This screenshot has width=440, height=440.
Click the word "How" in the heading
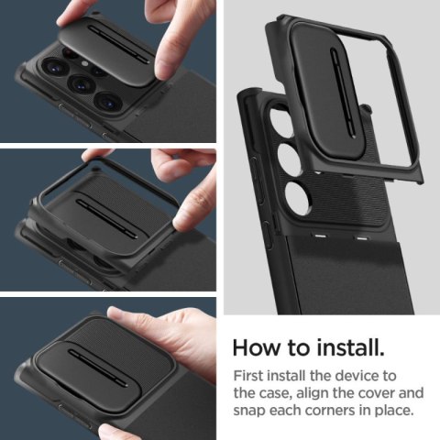tap(257, 347)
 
